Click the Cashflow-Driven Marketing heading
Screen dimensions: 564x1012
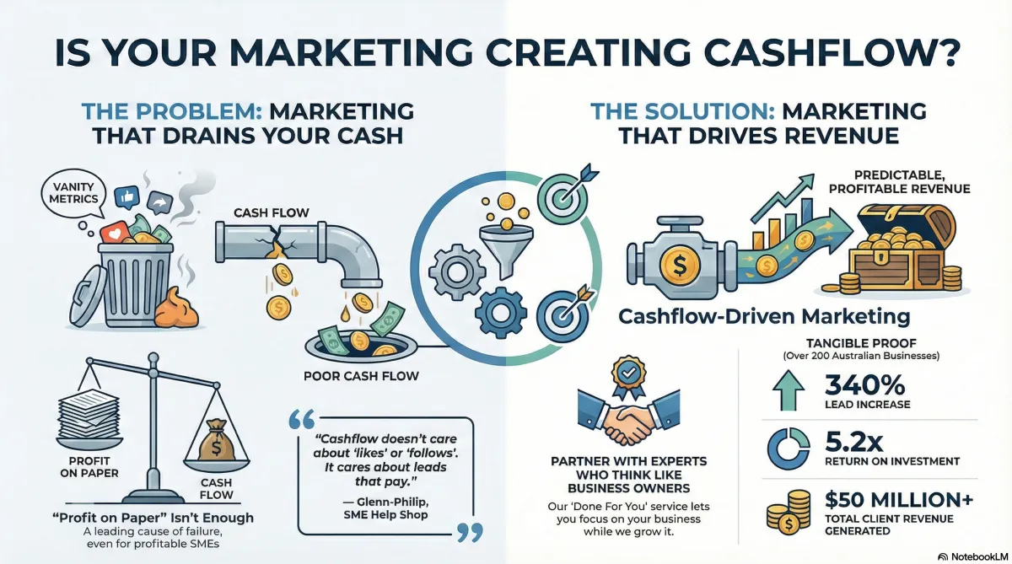(x=764, y=318)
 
